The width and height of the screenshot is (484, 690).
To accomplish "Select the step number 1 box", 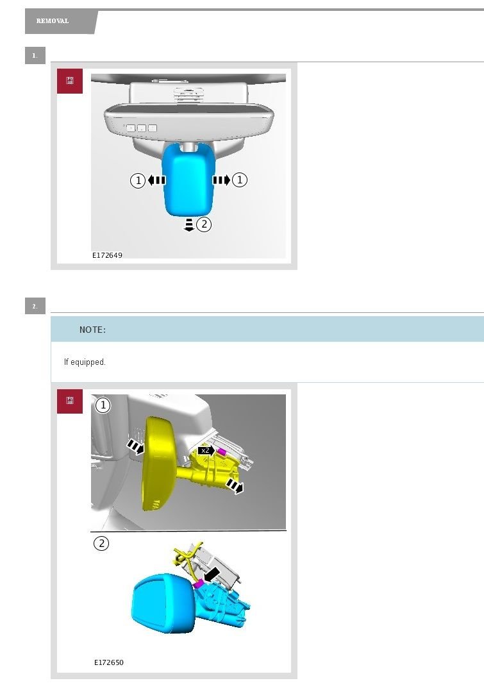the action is (x=35, y=56).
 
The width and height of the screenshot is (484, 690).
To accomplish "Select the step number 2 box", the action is (x=35, y=306).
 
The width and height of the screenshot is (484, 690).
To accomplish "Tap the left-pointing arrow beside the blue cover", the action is (x=156, y=180).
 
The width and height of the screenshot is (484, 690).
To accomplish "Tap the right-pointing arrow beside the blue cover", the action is (x=221, y=180).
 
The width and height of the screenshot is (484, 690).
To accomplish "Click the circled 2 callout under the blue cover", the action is (x=204, y=224).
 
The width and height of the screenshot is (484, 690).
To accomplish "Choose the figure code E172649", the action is (x=107, y=255).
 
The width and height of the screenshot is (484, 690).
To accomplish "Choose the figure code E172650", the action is (x=109, y=662).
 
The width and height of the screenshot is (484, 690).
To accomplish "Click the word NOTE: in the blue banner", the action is (x=92, y=330).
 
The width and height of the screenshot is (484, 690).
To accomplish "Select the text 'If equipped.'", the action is (x=85, y=362).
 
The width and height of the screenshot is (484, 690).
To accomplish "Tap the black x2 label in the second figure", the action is (x=206, y=451).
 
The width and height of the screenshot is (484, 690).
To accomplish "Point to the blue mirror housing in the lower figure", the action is (x=163, y=603).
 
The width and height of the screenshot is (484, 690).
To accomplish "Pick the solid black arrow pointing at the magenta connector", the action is (x=212, y=574).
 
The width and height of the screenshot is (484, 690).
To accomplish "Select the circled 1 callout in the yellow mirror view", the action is (x=103, y=405).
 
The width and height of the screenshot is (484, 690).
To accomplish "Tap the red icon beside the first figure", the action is (x=70, y=81).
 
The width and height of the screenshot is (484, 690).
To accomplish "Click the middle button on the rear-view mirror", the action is (x=141, y=128).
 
